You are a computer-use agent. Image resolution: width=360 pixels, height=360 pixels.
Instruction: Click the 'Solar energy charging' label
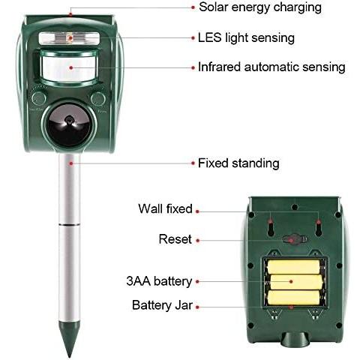[260, 7]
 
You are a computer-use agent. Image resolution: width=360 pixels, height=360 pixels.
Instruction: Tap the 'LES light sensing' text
[246, 38]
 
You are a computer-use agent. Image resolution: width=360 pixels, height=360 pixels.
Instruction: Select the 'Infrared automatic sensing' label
[271, 67]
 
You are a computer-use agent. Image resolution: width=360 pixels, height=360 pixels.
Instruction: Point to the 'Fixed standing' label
[238, 163]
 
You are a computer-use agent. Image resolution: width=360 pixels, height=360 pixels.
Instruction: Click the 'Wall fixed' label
[165, 208]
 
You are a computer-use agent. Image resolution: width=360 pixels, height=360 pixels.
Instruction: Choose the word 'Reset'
[175, 239]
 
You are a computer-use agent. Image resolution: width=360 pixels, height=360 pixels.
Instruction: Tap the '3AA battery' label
[159, 281]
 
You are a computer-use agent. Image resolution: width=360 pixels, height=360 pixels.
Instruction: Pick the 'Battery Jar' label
[162, 305]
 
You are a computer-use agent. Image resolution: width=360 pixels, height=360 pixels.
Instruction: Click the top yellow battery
[293, 266]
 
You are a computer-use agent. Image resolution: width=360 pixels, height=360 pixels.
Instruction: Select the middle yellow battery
[296, 282]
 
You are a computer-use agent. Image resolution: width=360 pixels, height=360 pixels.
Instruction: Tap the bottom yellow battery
[294, 297]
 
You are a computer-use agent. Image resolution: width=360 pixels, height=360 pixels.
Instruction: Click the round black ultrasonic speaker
[69, 125]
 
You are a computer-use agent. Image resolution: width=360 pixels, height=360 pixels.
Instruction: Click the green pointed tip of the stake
[69, 340]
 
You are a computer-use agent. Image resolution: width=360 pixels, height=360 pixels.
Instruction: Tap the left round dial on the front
[39, 99]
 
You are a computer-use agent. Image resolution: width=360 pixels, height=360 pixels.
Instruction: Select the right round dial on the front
[98, 99]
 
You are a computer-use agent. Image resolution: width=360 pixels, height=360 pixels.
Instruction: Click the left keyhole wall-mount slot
[270, 227]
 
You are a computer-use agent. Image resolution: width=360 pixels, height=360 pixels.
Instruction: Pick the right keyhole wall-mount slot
[319, 227]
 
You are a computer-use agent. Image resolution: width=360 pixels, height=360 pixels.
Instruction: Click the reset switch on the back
[295, 239]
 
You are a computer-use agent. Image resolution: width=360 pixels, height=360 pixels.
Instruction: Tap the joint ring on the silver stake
[70, 225]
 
